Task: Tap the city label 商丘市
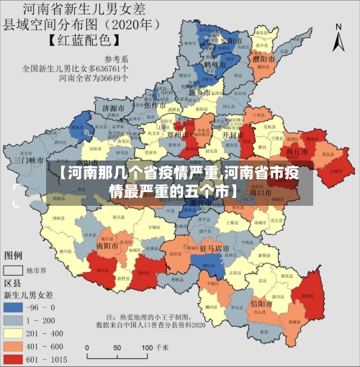[297, 152]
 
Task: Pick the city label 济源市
[114, 108]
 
